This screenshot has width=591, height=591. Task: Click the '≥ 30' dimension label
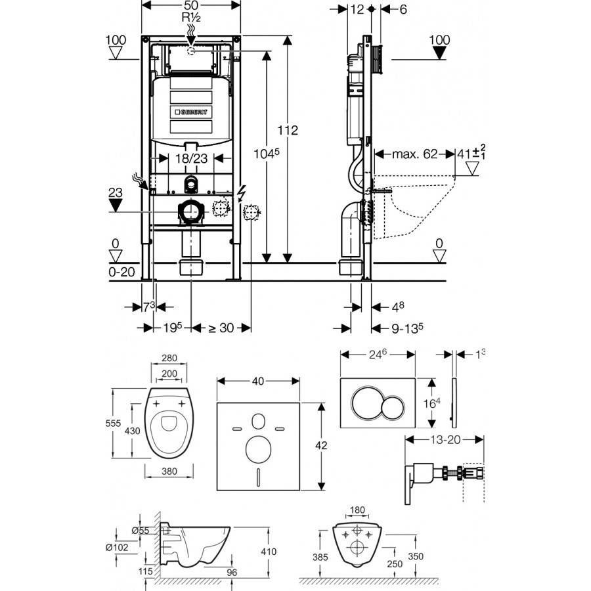[x=221, y=328]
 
